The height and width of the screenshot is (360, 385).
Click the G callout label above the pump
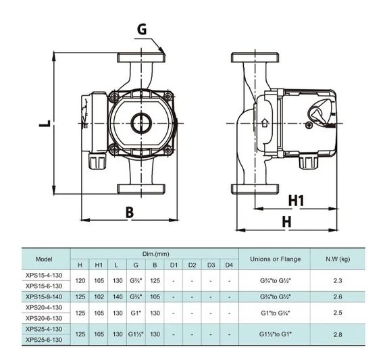(x=142, y=29)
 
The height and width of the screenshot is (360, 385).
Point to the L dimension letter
(x=45, y=124)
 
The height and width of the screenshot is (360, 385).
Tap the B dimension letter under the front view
(x=130, y=212)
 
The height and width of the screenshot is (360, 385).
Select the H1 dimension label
(x=296, y=201)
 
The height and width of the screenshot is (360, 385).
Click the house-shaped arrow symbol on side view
(x=265, y=123)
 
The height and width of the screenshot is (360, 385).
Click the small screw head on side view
(x=309, y=125)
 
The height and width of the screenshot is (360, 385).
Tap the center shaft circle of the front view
(x=141, y=123)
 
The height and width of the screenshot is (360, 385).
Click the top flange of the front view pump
(x=141, y=57)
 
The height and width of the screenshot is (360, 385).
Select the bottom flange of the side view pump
(x=255, y=189)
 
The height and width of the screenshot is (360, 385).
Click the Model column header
(x=44, y=259)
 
